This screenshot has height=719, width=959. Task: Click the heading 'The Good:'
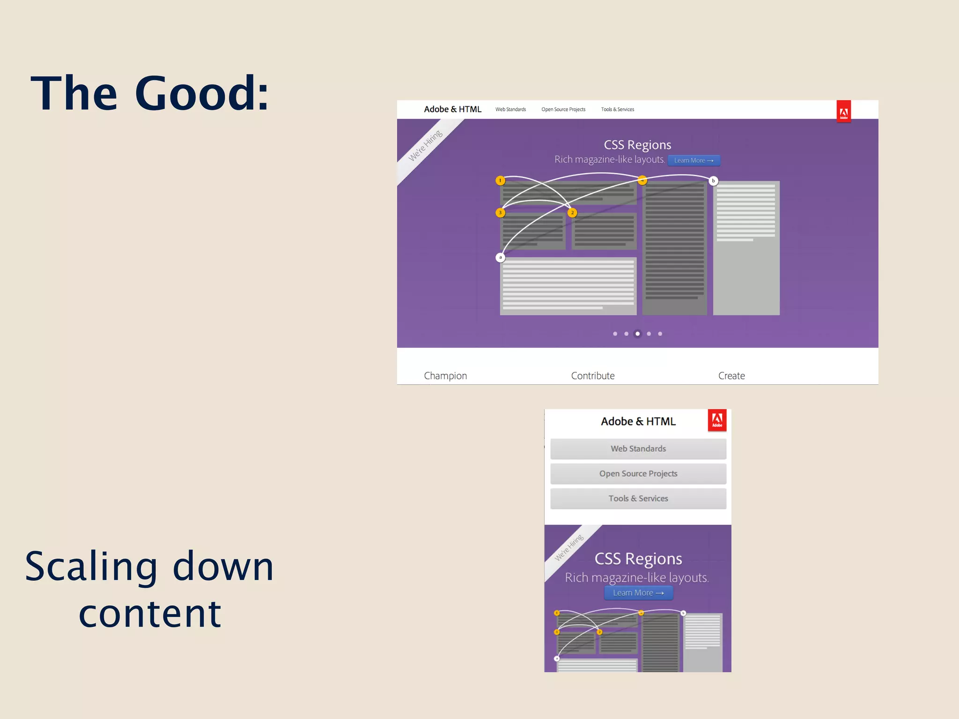click(x=150, y=94)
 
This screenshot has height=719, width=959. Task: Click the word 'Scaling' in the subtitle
click(x=91, y=567)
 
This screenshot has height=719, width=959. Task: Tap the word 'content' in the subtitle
click(x=150, y=614)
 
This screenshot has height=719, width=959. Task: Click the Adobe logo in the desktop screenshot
click(x=844, y=111)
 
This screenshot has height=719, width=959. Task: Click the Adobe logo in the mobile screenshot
click(x=717, y=420)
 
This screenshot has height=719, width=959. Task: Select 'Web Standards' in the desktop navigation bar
click(x=510, y=110)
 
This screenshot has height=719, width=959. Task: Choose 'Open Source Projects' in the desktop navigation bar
click(x=563, y=110)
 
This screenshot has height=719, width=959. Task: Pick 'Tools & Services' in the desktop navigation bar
click(x=617, y=110)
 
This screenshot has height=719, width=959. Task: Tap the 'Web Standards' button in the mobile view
click(x=638, y=448)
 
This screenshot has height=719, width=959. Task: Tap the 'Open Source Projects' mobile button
click(x=638, y=474)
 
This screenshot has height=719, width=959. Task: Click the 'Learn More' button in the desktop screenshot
click(x=693, y=161)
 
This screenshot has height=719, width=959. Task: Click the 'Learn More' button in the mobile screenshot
click(x=638, y=593)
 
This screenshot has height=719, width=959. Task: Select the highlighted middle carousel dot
click(x=637, y=334)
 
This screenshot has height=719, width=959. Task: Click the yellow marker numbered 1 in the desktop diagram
click(x=500, y=180)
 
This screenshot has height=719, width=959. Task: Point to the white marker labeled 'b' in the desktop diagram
click(x=713, y=181)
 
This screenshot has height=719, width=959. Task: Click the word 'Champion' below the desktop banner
click(x=445, y=375)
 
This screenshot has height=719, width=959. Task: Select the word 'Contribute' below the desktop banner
click(x=592, y=375)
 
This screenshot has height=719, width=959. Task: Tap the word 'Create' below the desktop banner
click(x=731, y=375)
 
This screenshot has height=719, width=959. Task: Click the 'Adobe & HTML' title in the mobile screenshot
click(x=638, y=421)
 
